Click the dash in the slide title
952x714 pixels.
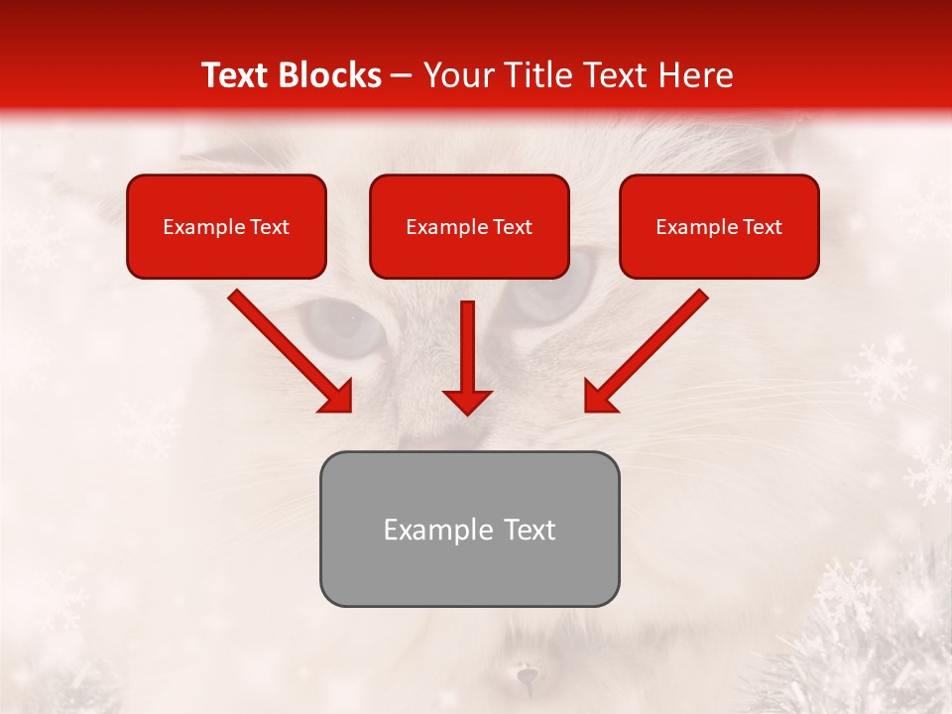(403, 75)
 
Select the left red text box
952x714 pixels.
(226, 227)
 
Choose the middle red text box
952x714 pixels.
(469, 227)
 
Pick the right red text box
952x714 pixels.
(719, 227)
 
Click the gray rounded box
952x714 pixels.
(469, 529)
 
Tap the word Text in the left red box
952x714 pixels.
(270, 227)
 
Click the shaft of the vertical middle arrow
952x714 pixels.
(467, 342)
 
